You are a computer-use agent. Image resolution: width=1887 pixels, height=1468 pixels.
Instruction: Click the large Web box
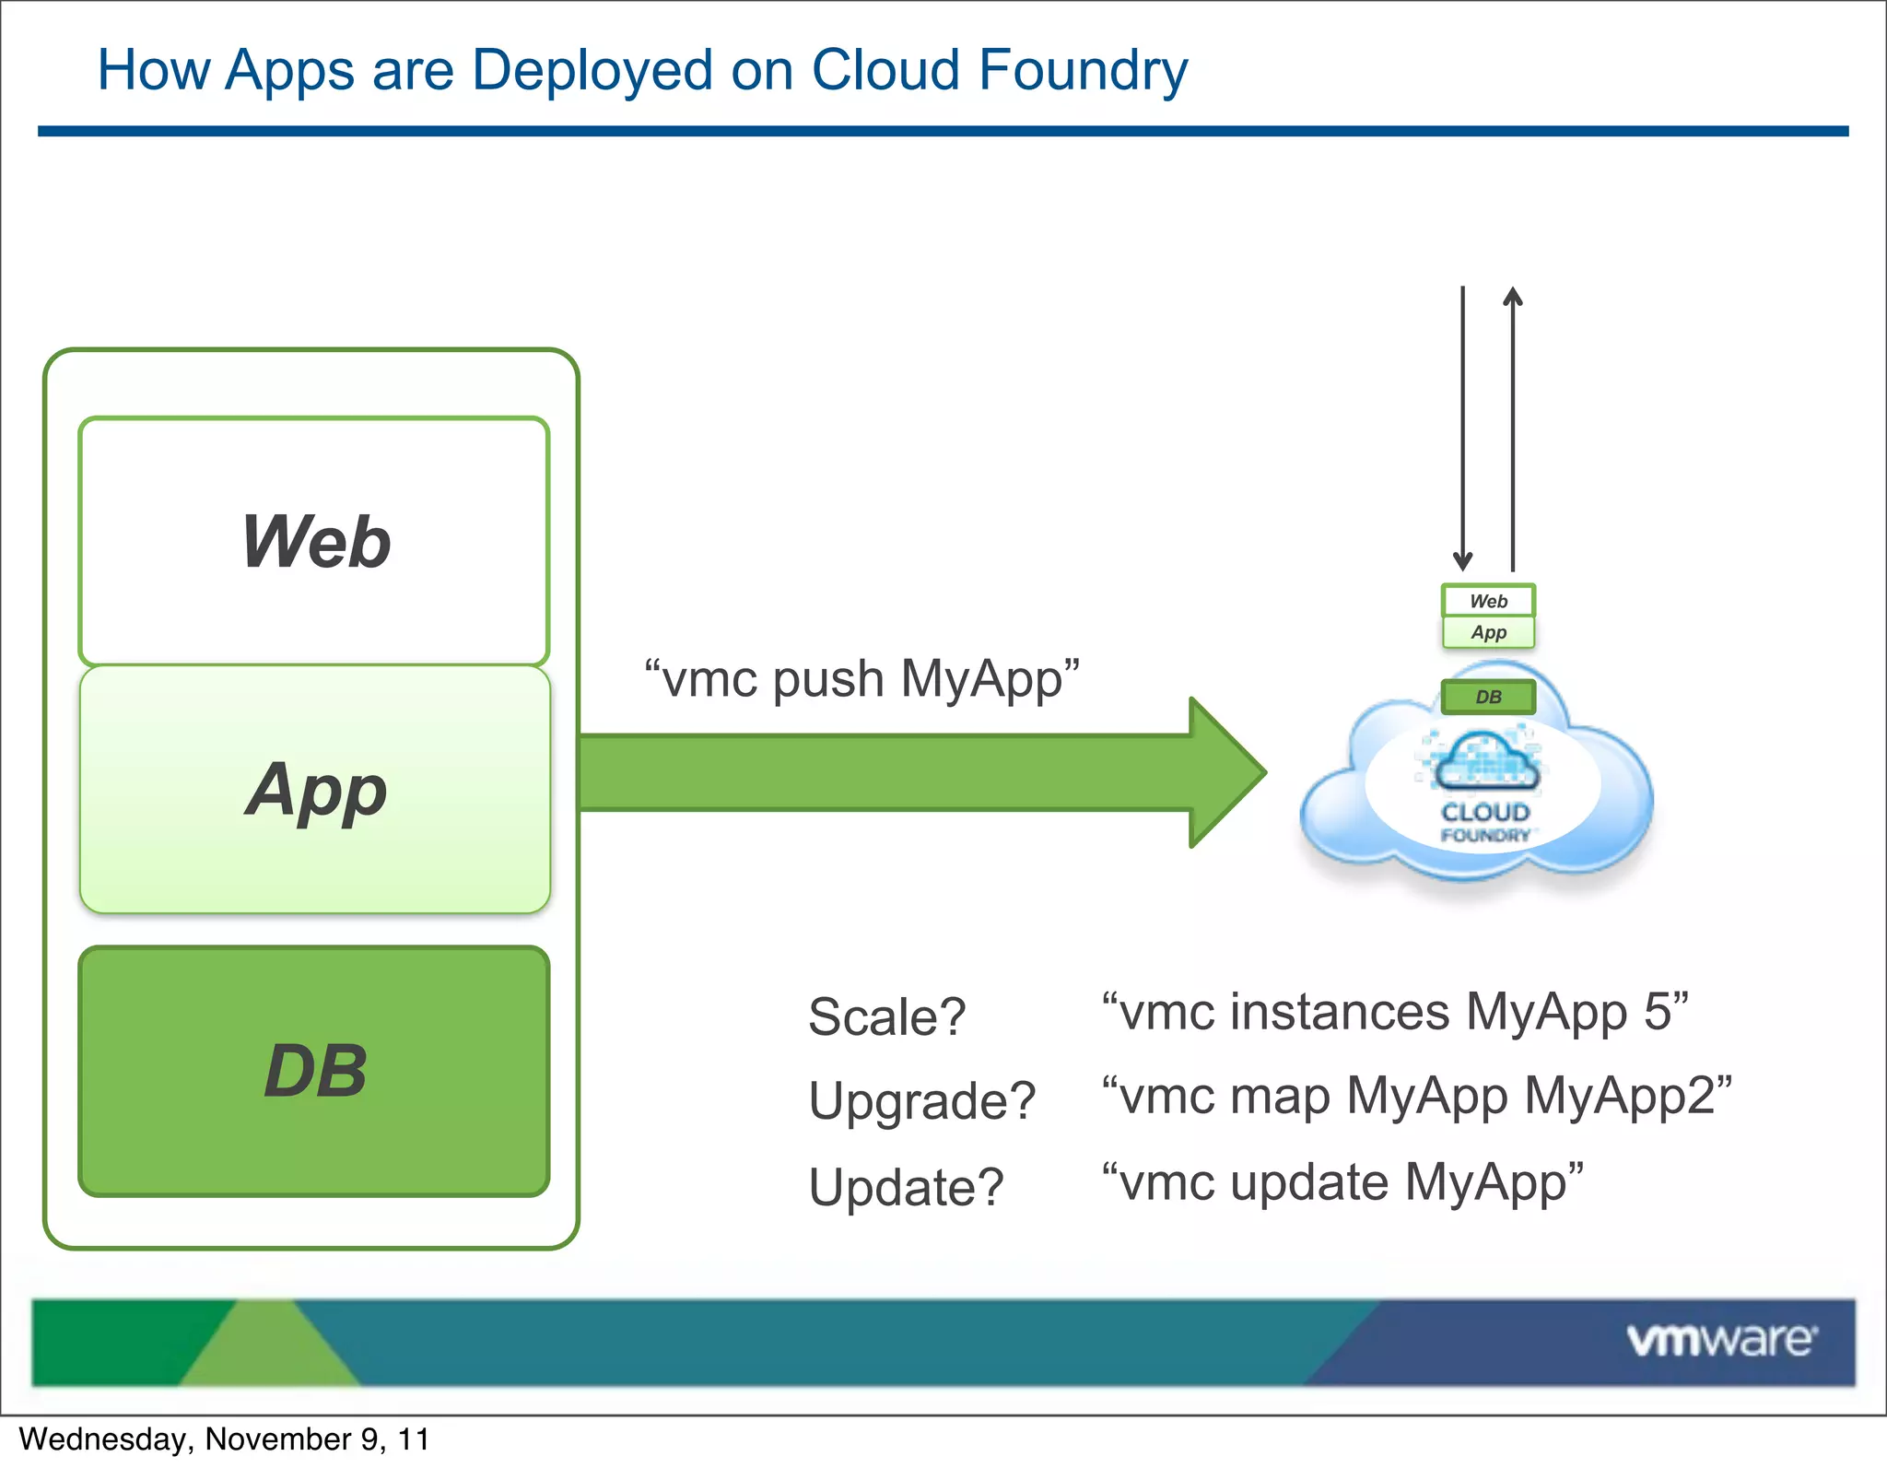pyautogui.click(x=314, y=541)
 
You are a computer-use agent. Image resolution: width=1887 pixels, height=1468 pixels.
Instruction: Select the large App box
pyautogui.click(x=314, y=790)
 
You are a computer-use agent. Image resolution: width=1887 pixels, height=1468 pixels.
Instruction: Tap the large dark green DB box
pyautogui.click(x=314, y=1071)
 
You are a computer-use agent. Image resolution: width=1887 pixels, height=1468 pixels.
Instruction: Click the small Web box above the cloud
pyautogui.click(x=1488, y=601)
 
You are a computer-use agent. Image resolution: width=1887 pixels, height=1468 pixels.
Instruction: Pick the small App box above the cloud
pyautogui.click(x=1488, y=632)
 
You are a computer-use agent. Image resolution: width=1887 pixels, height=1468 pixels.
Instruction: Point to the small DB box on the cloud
pyautogui.click(x=1488, y=697)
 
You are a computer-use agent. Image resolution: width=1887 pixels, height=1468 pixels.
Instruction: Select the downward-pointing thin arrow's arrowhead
pyautogui.click(x=1462, y=560)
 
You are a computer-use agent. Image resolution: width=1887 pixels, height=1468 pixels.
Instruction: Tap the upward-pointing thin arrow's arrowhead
pyautogui.click(x=1513, y=297)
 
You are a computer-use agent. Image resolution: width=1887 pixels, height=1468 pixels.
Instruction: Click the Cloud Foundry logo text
pyautogui.click(x=1485, y=821)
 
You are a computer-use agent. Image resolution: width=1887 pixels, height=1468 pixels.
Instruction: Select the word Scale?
pyautogui.click(x=886, y=1016)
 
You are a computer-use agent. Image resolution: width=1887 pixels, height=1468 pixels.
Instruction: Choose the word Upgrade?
pyautogui.click(x=921, y=1100)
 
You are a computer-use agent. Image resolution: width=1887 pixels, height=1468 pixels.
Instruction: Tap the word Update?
pyautogui.click(x=905, y=1186)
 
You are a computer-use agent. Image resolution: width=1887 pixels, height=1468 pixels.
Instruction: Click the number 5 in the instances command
pyautogui.click(x=1657, y=1011)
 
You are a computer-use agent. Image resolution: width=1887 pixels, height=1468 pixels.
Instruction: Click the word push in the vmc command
pyautogui.click(x=827, y=679)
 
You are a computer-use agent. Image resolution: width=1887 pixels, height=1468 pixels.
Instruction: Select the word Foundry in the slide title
pyautogui.click(x=1084, y=70)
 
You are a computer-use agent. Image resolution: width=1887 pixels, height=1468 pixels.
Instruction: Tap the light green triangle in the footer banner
pyautogui.click(x=267, y=1347)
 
